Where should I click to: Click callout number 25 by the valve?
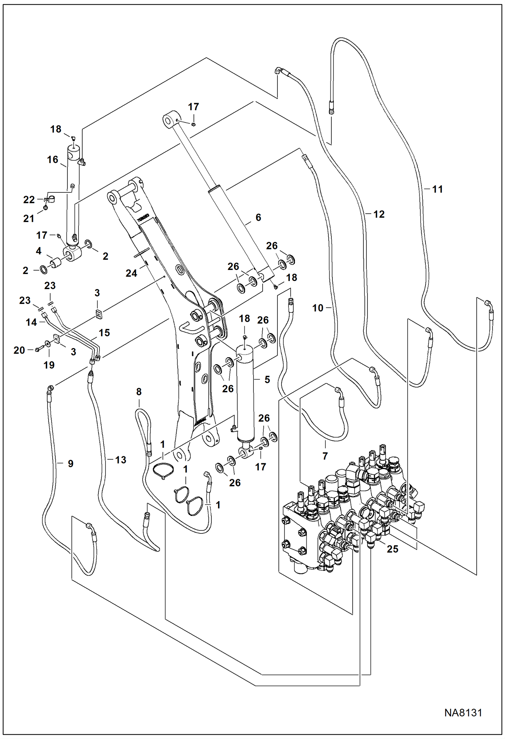point(392,549)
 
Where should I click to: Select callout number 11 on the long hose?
point(437,189)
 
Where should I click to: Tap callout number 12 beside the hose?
point(379,214)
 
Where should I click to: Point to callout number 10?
point(318,308)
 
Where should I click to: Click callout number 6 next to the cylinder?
point(258,217)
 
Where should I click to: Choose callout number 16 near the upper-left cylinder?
point(52,159)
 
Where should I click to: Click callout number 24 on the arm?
point(131,273)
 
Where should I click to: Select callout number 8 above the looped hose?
point(139,392)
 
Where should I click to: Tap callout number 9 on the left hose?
point(70,463)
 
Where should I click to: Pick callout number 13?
point(120,460)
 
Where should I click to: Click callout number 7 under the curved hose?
point(325,456)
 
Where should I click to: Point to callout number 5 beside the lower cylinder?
point(267,380)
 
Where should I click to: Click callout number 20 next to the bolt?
point(19,350)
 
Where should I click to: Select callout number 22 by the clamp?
point(29,199)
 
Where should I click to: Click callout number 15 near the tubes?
point(104,333)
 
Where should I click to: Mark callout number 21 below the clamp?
point(29,218)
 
